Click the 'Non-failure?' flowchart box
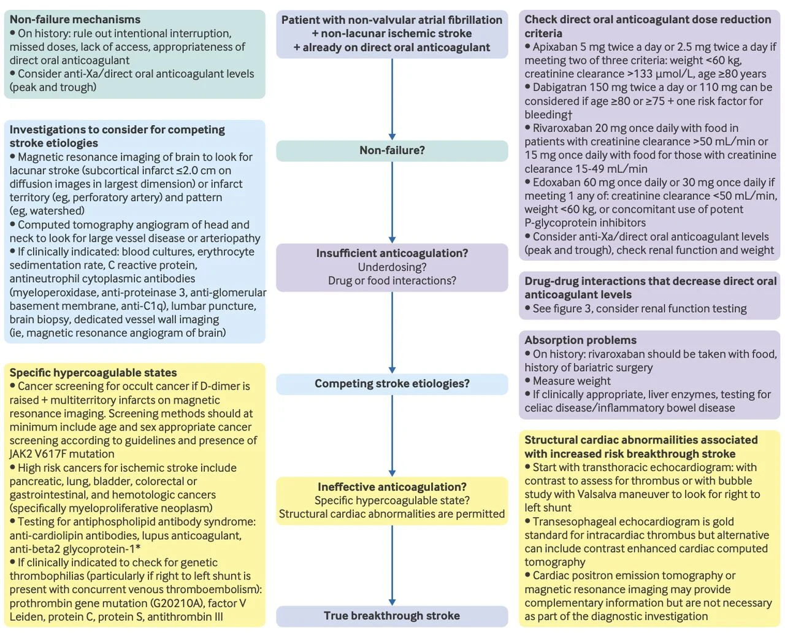coord(392,151)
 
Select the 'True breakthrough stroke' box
coord(392,616)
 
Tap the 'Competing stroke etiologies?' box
coord(392,384)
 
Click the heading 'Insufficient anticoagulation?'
coord(392,253)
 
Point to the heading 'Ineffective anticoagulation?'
coord(392,486)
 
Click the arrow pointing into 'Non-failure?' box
coord(392,99)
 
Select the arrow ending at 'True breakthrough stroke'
coord(392,566)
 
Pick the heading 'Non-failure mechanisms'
coord(75,20)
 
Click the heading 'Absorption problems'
coord(580,340)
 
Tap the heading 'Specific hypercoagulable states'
coord(93,372)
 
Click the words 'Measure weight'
coord(572,382)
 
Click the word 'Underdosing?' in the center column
coord(392,267)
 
